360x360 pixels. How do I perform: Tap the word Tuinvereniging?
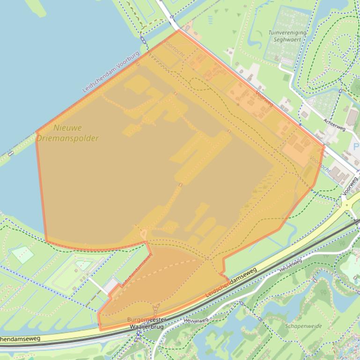coord(287,33)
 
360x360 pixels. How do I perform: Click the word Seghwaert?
coord(287,40)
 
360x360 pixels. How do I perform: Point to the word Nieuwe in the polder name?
coord(67,128)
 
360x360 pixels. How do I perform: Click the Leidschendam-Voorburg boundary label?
coord(111,72)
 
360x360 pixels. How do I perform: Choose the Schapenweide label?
coord(303,326)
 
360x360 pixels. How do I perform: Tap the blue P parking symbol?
coord(356,147)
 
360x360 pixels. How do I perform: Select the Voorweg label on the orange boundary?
coord(265,98)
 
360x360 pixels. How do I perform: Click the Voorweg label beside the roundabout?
coord(350,186)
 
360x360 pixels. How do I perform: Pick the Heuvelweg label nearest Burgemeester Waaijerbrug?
coord(195,321)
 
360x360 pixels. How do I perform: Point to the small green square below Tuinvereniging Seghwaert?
coord(287,78)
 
